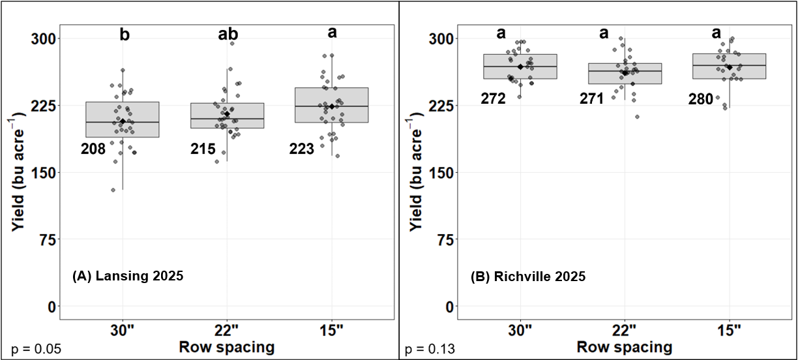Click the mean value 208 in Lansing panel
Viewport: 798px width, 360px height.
[x=93, y=149]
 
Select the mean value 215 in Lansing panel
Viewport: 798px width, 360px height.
[x=203, y=149]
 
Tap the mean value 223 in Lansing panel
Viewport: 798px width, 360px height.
[x=302, y=149]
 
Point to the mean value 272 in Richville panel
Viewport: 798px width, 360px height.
[x=494, y=99]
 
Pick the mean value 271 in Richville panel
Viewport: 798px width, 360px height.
[x=593, y=99]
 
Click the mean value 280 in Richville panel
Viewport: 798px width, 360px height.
[x=701, y=99]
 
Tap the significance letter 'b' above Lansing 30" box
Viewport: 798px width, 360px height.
[x=124, y=35]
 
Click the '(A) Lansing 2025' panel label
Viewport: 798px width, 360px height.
[x=127, y=277]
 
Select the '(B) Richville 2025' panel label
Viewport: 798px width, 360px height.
[x=527, y=277]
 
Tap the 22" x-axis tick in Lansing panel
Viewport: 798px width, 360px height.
[x=227, y=330]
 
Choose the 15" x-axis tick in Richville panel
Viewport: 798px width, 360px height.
[x=729, y=330]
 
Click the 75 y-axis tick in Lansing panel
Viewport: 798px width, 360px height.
[x=45, y=239]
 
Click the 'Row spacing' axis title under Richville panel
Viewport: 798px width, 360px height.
[x=625, y=346]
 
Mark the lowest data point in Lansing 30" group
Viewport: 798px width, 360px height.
[x=113, y=190]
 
